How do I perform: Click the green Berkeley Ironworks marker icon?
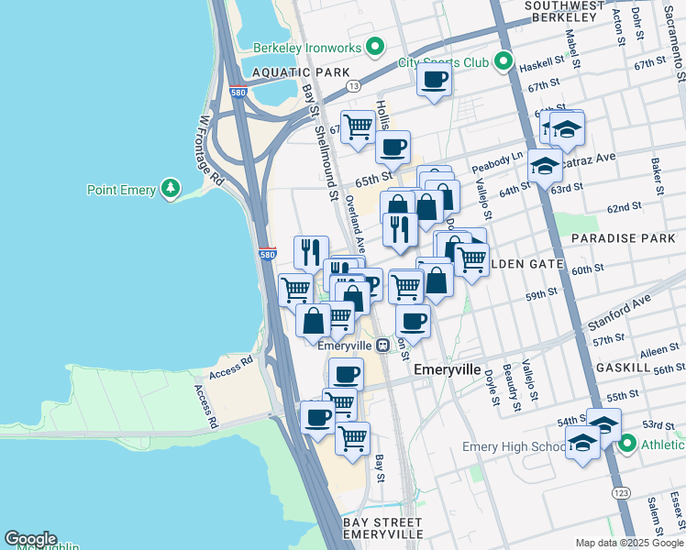[x=375, y=46]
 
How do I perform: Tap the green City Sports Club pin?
[x=503, y=62]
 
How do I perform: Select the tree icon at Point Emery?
[x=170, y=190]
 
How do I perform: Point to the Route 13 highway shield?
[x=353, y=85]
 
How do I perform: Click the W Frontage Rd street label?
[x=210, y=151]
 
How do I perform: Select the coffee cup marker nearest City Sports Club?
[x=434, y=79]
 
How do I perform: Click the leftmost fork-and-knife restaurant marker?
[x=311, y=251]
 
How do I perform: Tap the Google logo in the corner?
[x=30, y=539]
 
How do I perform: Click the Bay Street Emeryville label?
[x=383, y=527]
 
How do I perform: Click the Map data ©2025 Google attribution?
[x=628, y=543]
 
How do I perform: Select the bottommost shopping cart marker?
[x=352, y=438]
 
